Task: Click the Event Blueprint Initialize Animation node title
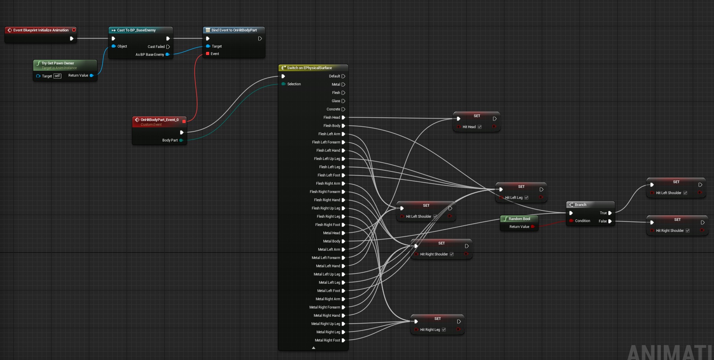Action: (x=41, y=30)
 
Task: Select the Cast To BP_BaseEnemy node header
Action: (x=140, y=30)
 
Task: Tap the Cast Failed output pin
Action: (x=168, y=47)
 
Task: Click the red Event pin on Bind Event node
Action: (x=208, y=54)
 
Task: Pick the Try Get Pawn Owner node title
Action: (x=58, y=63)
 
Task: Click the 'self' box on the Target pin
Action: (x=57, y=76)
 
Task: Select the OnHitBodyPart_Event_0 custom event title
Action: (x=160, y=120)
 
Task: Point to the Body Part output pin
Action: (x=181, y=140)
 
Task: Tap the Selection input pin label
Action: (x=294, y=84)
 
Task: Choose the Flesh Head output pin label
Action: (x=332, y=118)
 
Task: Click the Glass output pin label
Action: (x=336, y=101)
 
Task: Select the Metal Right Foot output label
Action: (x=328, y=340)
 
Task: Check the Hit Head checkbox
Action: (x=480, y=127)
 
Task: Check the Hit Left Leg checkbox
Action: (x=526, y=198)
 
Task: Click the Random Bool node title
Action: (x=519, y=219)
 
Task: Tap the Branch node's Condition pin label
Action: (x=583, y=221)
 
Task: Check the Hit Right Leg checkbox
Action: (x=444, y=330)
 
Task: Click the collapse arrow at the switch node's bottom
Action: (x=313, y=348)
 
